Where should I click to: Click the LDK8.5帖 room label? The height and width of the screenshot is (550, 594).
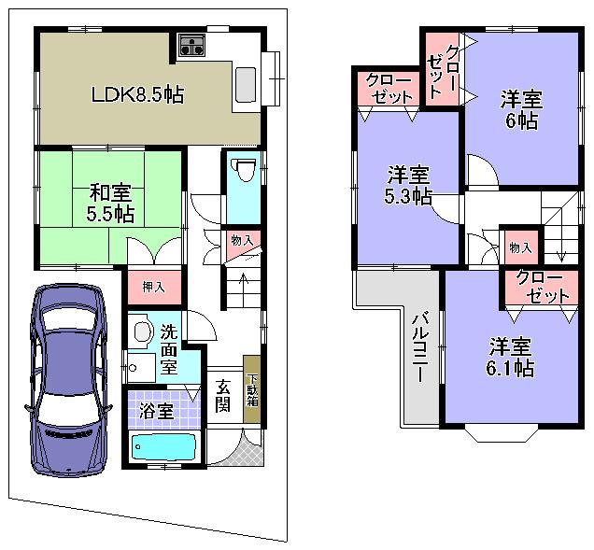point(135,94)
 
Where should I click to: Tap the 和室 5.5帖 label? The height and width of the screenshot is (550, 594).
point(111,204)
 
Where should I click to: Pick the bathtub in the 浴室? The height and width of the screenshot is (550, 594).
point(163,448)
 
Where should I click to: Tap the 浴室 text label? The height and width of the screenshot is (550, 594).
point(155,412)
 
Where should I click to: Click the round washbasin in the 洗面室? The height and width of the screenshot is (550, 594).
point(142,331)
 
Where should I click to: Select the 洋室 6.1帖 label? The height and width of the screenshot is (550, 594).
point(511,357)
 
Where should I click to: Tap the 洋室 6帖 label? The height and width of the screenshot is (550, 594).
point(522,107)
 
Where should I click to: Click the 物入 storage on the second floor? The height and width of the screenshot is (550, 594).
point(519,247)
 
